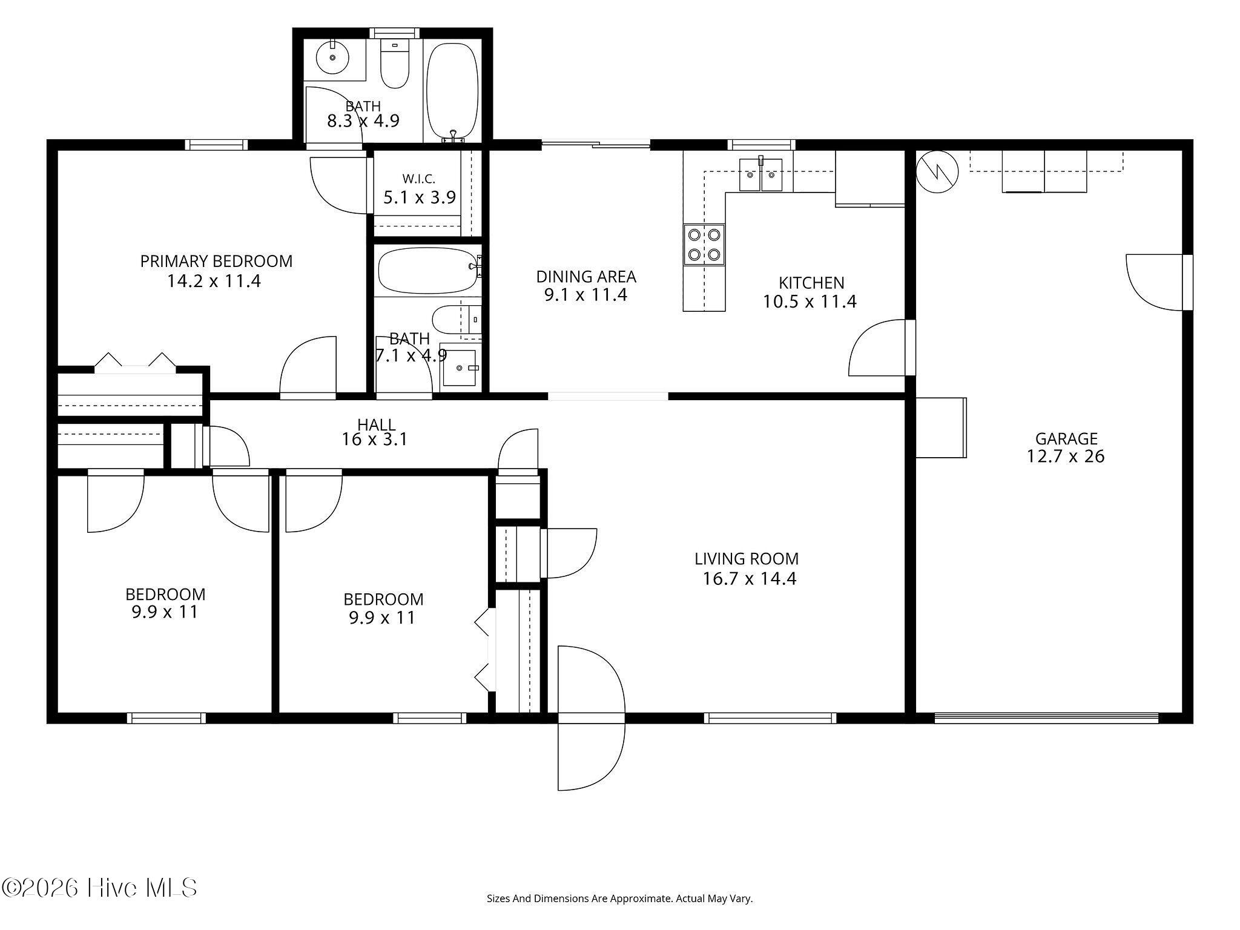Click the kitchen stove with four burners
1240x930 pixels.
(x=704, y=245)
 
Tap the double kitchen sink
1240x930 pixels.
(x=760, y=174)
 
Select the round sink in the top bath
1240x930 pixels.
(x=332, y=58)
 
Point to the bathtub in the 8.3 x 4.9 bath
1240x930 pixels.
(x=452, y=91)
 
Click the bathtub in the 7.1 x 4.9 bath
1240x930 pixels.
(x=427, y=271)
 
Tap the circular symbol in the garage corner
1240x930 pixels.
(x=937, y=172)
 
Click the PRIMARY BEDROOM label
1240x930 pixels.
(x=216, y=262)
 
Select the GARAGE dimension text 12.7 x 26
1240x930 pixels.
(x=1066, y=457)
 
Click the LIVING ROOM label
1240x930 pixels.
(x=747, y=559)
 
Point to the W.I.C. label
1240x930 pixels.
(x=419, y=179)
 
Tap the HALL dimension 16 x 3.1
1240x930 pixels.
(x=375, y=440)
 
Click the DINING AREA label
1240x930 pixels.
(x=586, y=277)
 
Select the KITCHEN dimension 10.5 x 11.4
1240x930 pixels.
(x=810, y=302)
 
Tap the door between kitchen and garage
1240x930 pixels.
(x=882, y=348)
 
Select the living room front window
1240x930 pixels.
(x=770, y=718)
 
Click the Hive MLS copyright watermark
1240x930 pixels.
(x=99, y=888)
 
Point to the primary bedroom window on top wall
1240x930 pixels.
(x=216, y=145)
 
